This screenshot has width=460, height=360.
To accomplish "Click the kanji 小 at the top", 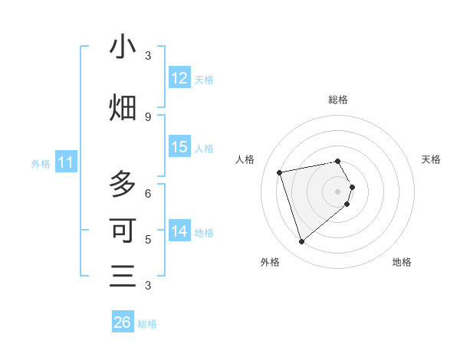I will point(123,48).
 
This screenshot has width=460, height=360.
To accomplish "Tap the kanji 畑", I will point(123,108).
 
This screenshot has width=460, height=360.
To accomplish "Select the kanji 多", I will point(123,184).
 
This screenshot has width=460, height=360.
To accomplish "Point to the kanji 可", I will point(123,231).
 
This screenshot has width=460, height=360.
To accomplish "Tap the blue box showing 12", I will point(179,78).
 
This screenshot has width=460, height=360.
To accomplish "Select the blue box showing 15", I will point(179,147).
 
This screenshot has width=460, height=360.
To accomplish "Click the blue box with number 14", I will point(179,231).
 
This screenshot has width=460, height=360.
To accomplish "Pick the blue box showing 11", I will point(66,162).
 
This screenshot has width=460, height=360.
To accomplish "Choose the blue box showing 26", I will point(123,322).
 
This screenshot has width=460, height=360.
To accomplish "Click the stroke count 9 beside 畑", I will point(148,116).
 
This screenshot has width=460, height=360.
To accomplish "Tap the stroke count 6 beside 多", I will point(148,193).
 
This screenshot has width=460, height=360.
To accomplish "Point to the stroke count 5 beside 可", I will point(148,239).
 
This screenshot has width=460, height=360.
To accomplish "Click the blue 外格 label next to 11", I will point(41,163).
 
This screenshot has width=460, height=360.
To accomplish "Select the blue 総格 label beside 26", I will point(147,323).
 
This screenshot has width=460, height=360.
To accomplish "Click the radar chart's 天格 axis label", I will point(431,159).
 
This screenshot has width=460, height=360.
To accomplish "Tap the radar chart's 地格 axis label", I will point(402,262).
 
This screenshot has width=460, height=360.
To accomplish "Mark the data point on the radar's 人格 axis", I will point(280,172).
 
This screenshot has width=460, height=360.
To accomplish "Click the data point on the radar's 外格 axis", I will point(302,242).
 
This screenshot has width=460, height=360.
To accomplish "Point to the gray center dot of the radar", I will point(338,191).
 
